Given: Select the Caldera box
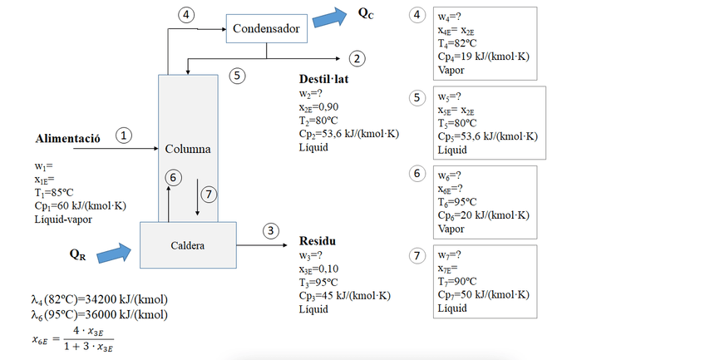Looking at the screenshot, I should [188, 245].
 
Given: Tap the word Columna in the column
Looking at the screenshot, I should [187, 150].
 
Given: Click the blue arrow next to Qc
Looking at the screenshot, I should [335, 16].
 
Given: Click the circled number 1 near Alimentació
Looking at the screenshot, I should [124, 135].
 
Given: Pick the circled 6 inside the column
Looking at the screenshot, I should [172, 177].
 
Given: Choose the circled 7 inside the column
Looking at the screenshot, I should [209, 194].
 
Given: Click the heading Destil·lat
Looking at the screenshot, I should [326, 79].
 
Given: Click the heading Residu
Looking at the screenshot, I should [318, 242].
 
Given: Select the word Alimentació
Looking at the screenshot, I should [68, 138].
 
